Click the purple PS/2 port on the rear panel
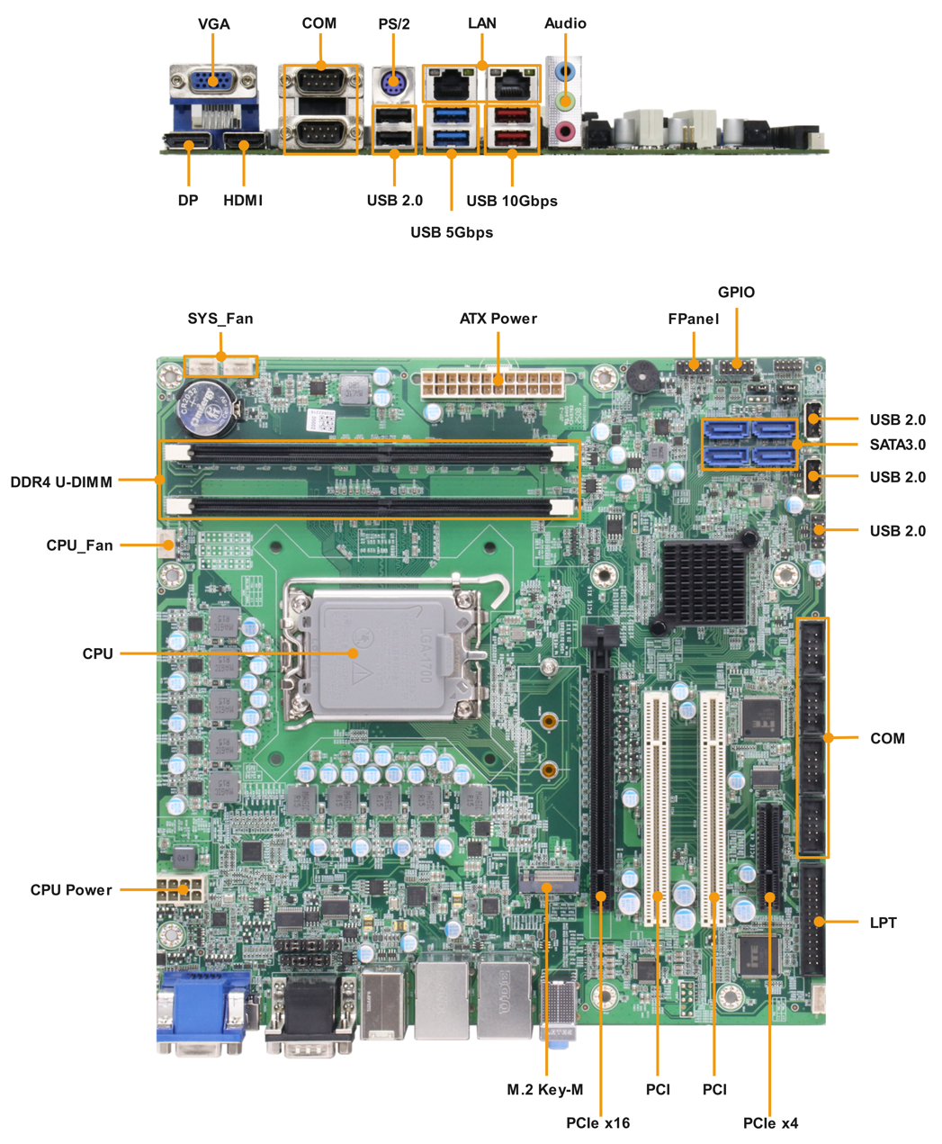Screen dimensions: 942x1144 [393, 84]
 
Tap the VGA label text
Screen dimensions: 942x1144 [213, 23]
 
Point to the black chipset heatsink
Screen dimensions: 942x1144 [704, 581]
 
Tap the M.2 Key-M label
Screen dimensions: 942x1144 [544, 1089]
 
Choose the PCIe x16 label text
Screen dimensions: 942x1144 [597, 1122]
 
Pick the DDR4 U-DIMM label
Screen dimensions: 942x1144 [61, 482]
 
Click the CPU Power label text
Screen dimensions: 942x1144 [71, 889]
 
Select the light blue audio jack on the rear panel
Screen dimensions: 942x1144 [566, 71]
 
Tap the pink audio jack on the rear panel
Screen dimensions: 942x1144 [565, 131]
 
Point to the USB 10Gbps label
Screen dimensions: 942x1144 [512, 201]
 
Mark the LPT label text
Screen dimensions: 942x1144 [883, 923]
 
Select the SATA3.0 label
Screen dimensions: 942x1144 [898, 445]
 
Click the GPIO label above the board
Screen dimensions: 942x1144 [736, 292]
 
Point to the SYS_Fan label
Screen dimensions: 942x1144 [220, 319]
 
